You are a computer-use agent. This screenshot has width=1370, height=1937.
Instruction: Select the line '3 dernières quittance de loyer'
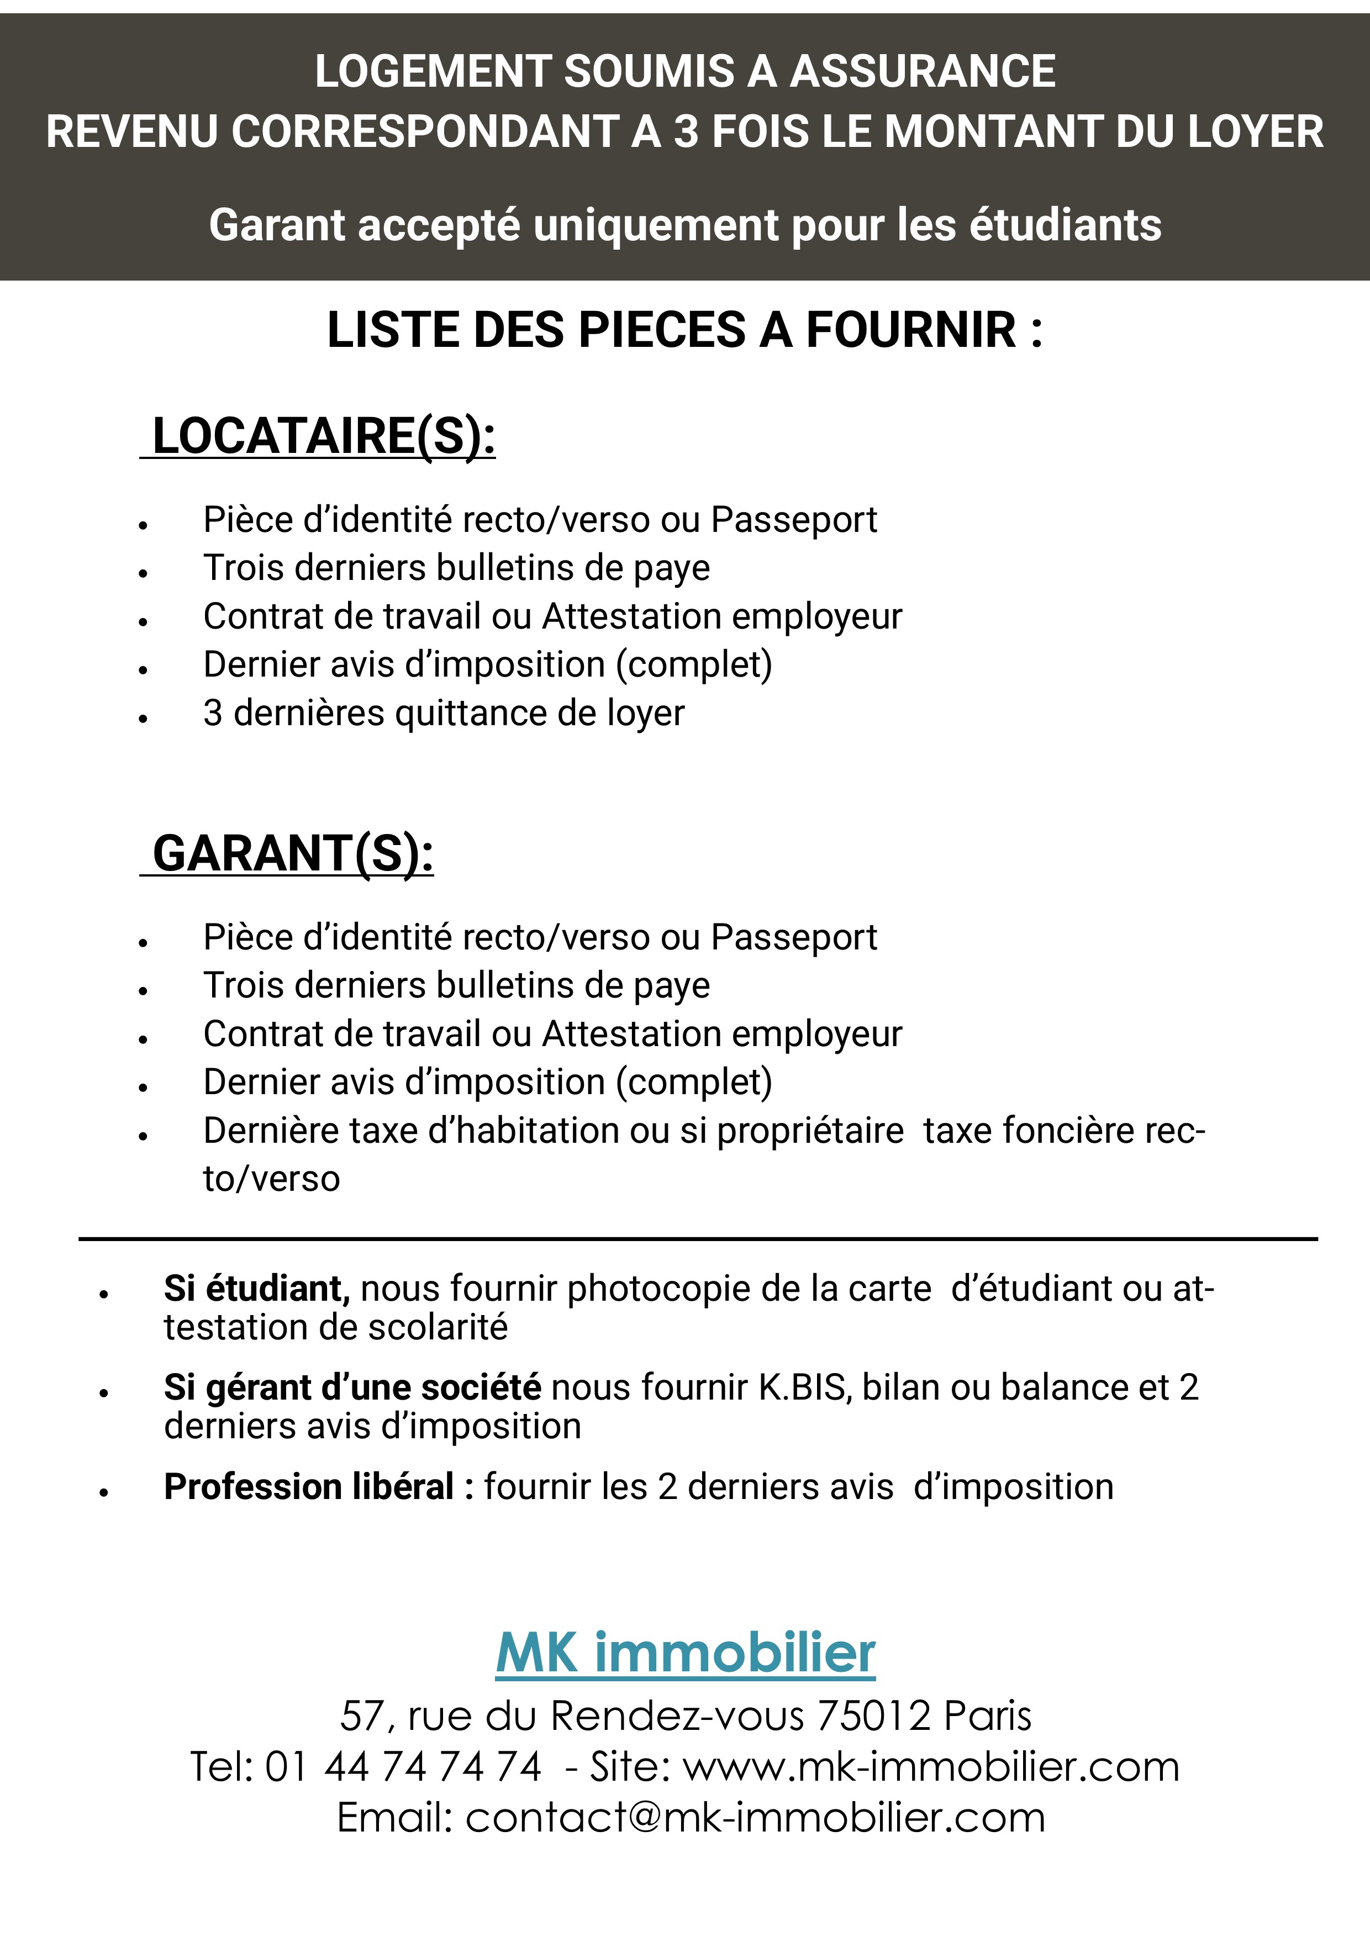tap(444, 714)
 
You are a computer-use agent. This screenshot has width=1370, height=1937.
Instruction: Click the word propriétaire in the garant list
tap(810, 1131)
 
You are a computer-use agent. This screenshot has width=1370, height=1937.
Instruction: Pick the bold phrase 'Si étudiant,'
tap(256, 1288)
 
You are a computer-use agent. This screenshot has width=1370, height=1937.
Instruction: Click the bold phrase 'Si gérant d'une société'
tap(352, 1387)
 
